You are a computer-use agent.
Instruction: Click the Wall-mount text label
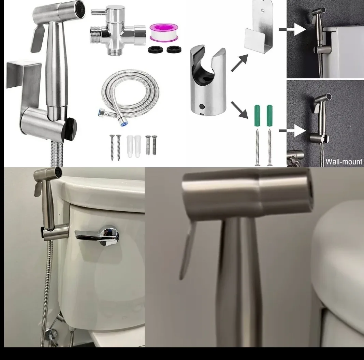[x=344, y=161]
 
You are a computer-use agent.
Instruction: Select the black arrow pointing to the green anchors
[x=240, y=109]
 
